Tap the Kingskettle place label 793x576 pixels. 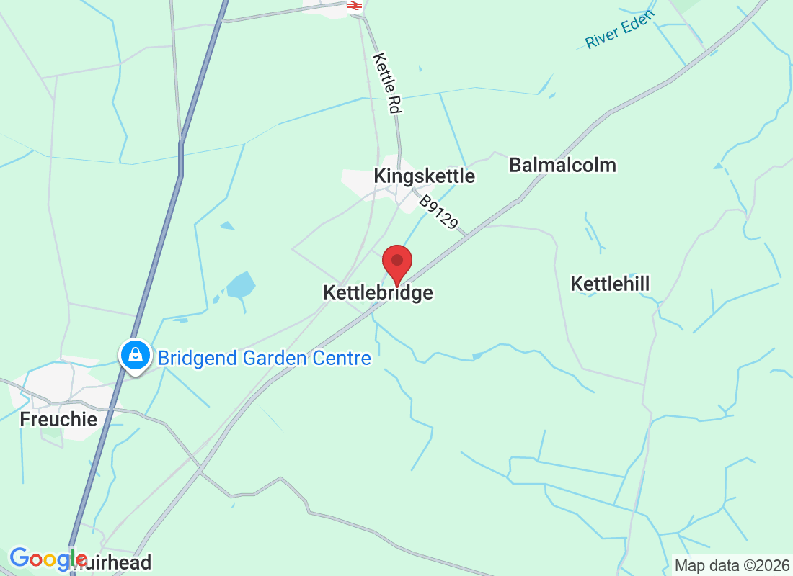[424, 176]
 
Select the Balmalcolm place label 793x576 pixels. [562, 165]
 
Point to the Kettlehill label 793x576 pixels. [610, 284]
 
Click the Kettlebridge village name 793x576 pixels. [378, 293]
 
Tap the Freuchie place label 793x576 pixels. [58, 419]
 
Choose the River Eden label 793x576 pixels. [619, 30]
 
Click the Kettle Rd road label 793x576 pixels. [387, 82]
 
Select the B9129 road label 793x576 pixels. [439, 212]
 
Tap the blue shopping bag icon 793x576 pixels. [135, 354]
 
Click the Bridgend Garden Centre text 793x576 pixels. [264, 358]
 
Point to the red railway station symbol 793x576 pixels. [353, 6]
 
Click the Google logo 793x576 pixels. [48, 559]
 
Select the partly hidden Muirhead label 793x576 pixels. [119, 562]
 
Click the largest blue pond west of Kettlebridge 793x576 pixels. [241, 286]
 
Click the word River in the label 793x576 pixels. [601, 39]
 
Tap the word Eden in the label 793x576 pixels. [638, 21]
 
